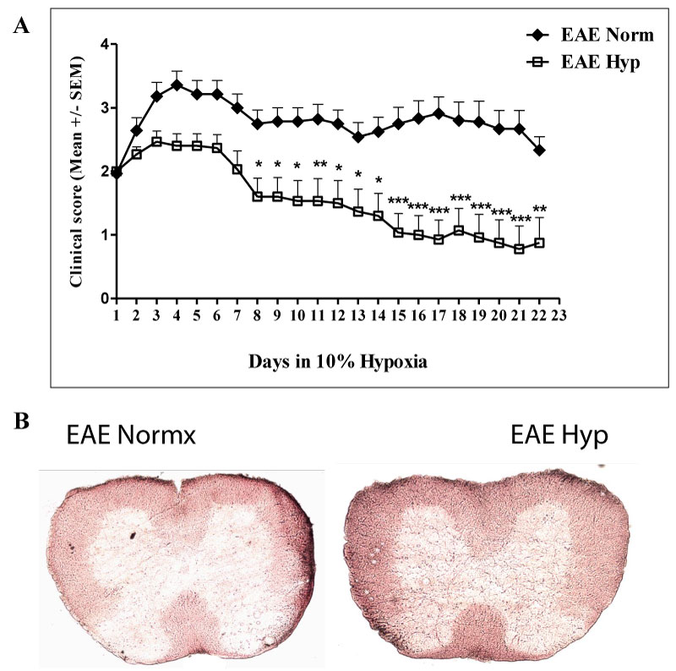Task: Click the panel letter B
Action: click(x=23, y=420)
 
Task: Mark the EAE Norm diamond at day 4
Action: click(x=177, y=84)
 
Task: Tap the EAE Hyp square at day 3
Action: click(x=156, y=141)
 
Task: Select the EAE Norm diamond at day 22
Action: click(x=539, y=150)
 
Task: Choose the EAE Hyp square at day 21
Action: click(x=519, y=248)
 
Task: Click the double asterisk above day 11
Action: click(x=319, y=165)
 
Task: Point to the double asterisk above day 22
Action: click(x=539, y=210)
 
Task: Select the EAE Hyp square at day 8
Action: click(x=257, y=196)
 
